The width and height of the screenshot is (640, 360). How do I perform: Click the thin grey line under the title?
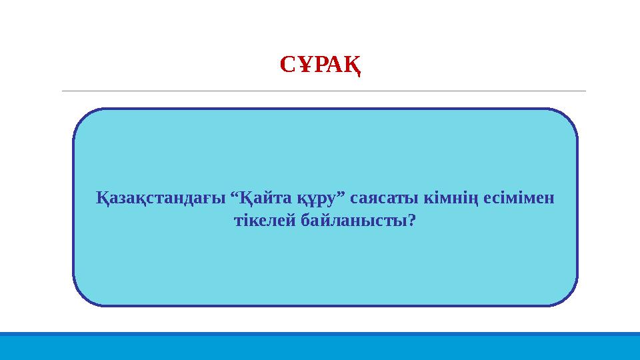click(x=323, y=91)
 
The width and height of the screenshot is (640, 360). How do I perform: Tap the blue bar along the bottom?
click(x=320, y=346)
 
